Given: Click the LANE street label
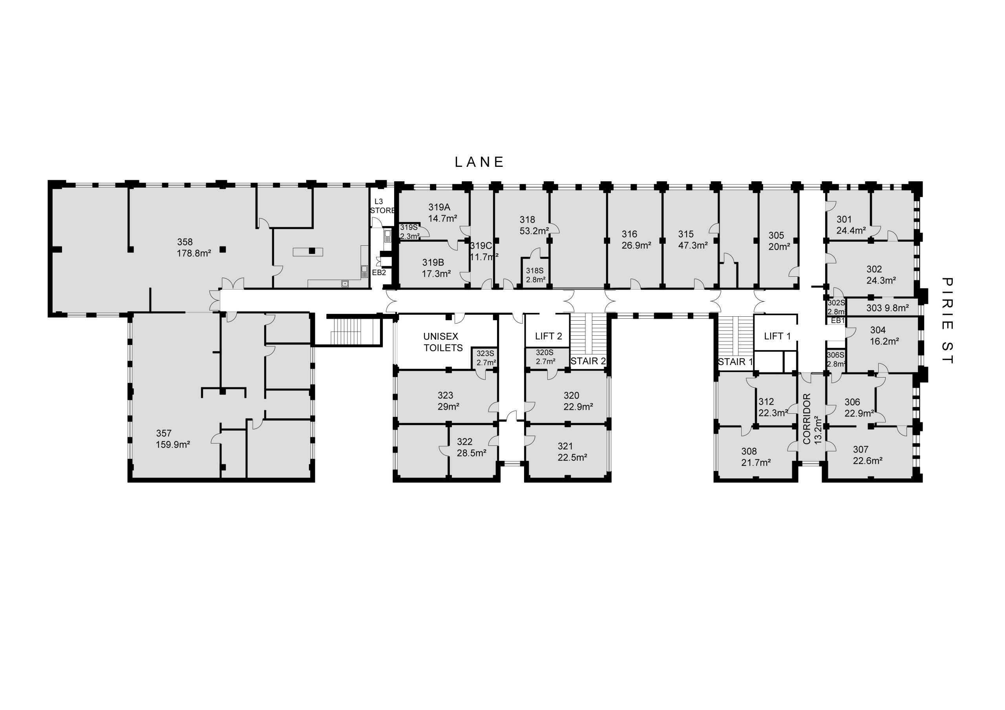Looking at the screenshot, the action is pyautogui.click(x=479, y=162).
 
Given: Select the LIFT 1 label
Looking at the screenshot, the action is pyautogui.click(x=777, y=336).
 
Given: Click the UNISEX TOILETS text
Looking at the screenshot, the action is pyautogui.click(x=442, y=342).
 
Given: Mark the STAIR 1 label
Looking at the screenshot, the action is pyautogui.click(x=735, y=361).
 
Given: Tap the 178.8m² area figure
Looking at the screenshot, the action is pyautogui.click(x=194, y=253).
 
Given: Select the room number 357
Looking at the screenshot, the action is pyautogui.click(x=164, y=433).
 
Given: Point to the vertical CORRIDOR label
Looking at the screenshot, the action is pyautogui.click(x=807, y=419).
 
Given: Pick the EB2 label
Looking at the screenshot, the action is pyautogui.click(x=379, y=273).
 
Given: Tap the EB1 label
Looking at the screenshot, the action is pyautogui.click(x=837, y=320).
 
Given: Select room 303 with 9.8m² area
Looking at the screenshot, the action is pyautogui.click(x=882, y=308).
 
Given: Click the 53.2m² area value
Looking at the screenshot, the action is pyautogui.click(x=534, y=231).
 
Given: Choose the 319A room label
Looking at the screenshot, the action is pyautogui.click(x=439, y=207).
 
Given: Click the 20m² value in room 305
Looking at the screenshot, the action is pyautogui.click(x=779, y=247).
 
